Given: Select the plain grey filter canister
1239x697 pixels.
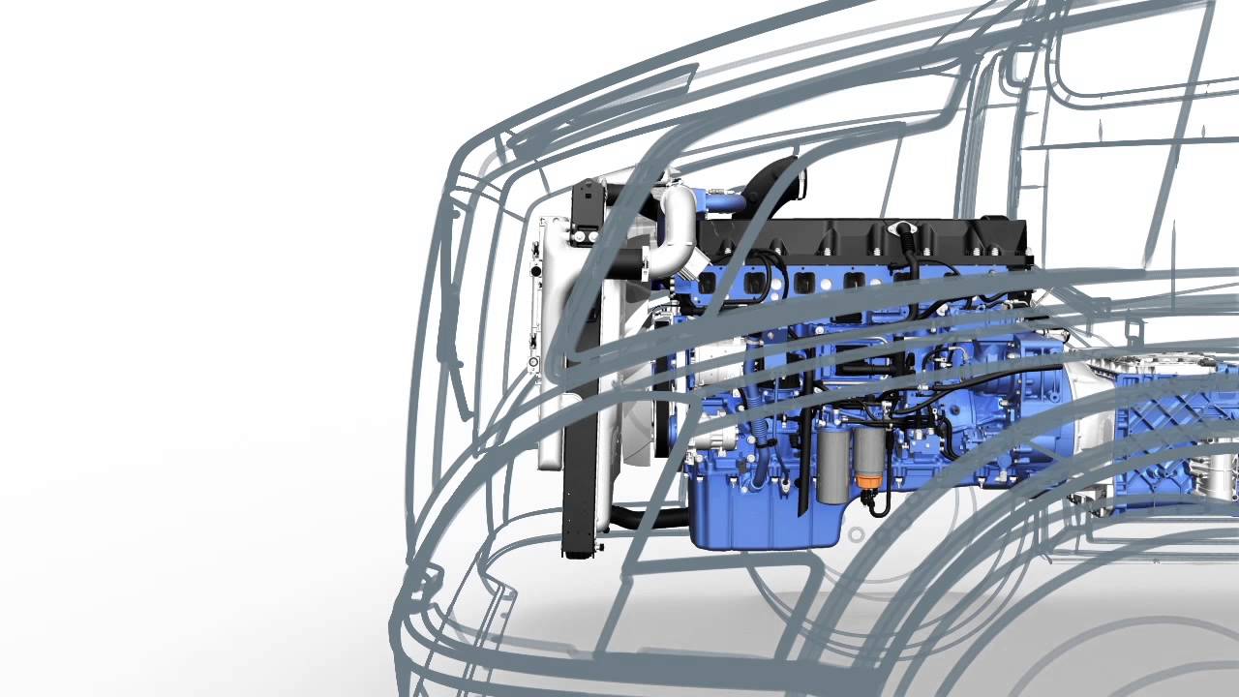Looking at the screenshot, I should (833, 470).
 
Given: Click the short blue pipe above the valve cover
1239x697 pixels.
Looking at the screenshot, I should (726, 202).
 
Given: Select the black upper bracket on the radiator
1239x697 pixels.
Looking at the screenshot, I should (587, 208).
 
